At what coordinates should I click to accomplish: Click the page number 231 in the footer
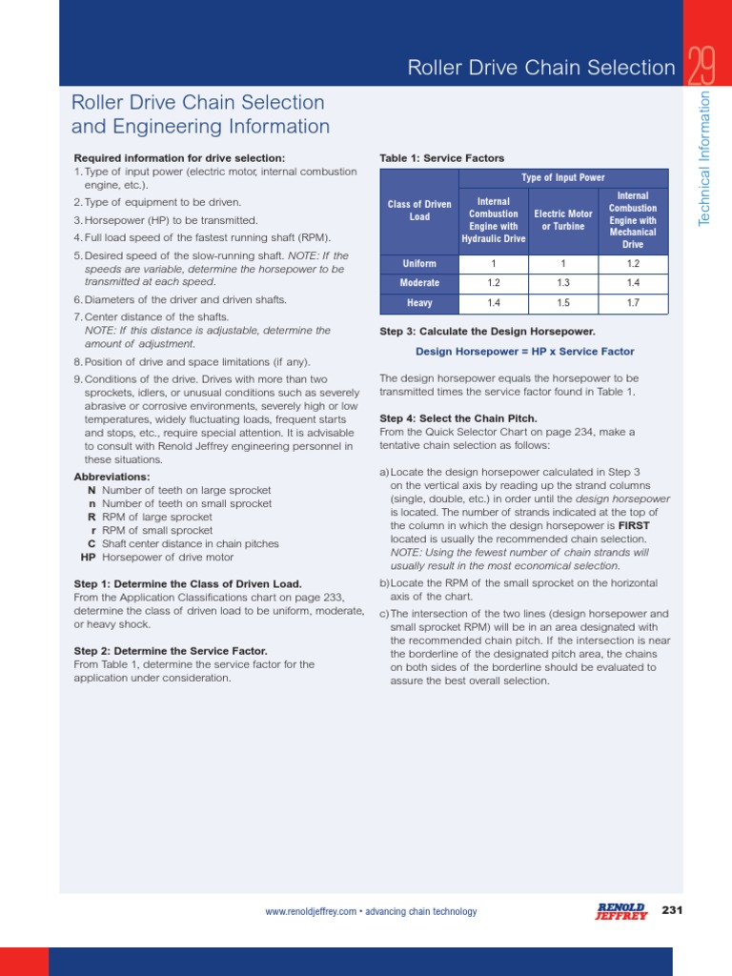[673, 910]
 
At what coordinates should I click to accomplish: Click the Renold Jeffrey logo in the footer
[620, 911]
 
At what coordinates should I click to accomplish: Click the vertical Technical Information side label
[705, 159]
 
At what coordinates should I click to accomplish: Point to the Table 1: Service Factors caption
[441, 158]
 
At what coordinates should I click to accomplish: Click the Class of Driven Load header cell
[419, 211]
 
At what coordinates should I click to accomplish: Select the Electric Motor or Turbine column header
[563, 220]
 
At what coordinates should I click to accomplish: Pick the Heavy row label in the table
[419, 303]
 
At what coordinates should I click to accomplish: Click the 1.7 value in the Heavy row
[633, 303]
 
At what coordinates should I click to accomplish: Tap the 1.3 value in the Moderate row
[563, 283]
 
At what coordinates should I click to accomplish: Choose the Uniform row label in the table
[419, 264]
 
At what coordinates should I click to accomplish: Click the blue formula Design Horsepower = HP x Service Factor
[524, 352]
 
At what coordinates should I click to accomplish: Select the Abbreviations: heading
[112, 477]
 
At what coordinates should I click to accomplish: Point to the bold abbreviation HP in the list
[88, 557]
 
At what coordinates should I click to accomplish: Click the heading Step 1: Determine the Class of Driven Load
[188, 583]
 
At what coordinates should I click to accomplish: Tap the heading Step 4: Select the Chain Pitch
[458, 418]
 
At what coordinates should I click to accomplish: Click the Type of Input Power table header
[563, 178]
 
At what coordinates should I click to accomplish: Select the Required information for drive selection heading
[179, 158]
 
